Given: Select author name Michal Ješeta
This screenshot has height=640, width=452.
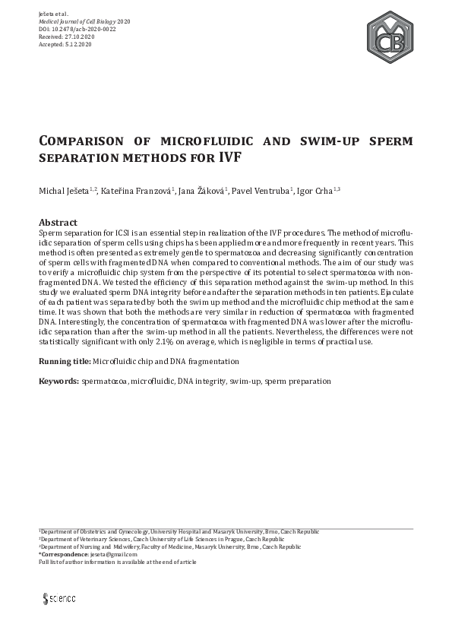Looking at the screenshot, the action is point(63,191).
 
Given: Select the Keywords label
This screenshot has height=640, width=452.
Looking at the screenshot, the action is point(58,379).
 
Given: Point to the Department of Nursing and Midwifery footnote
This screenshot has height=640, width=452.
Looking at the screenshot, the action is point(159,547).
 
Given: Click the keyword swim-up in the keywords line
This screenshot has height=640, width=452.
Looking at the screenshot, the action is point(245,379).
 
